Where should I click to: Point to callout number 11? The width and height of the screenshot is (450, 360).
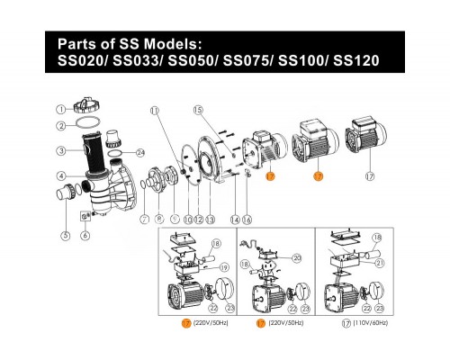(154, 136)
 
